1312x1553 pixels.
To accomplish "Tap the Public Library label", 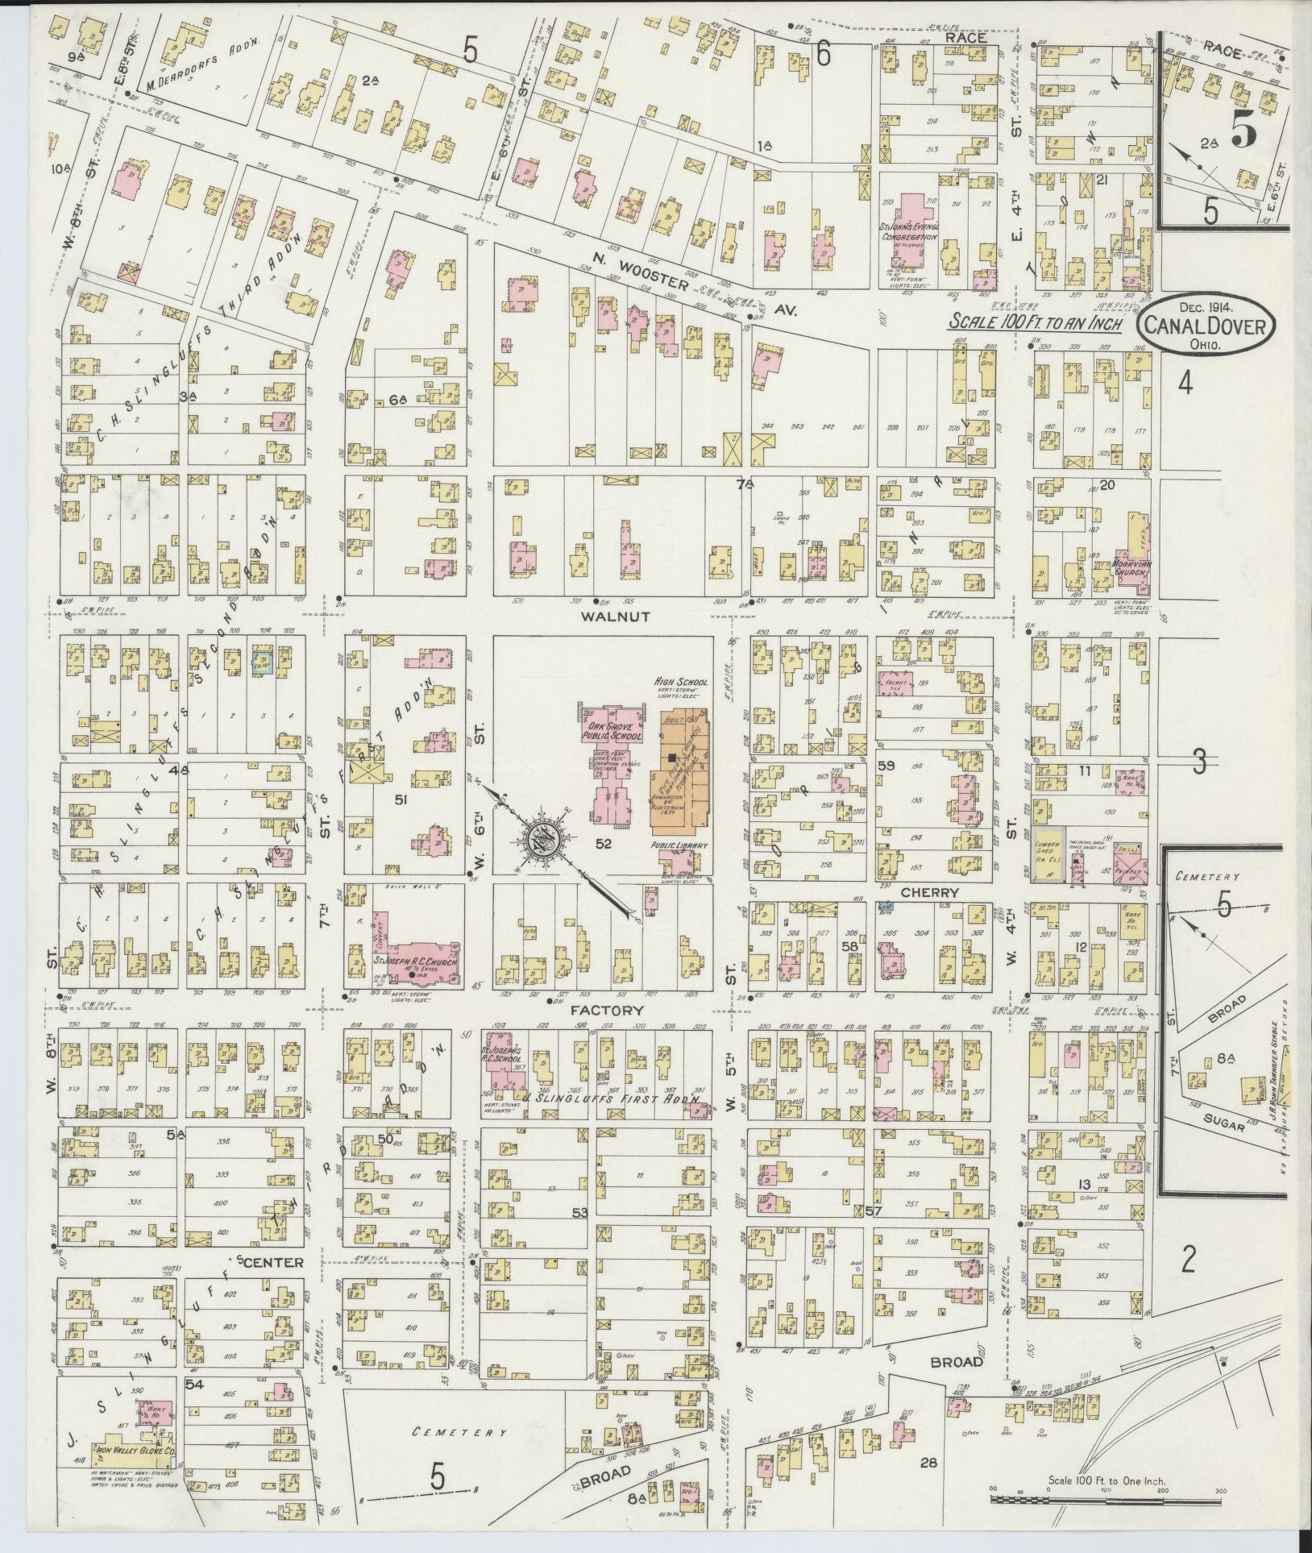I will click(x=679, y=845).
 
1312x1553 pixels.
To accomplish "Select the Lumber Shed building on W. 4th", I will click(x=1049, y=864).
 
